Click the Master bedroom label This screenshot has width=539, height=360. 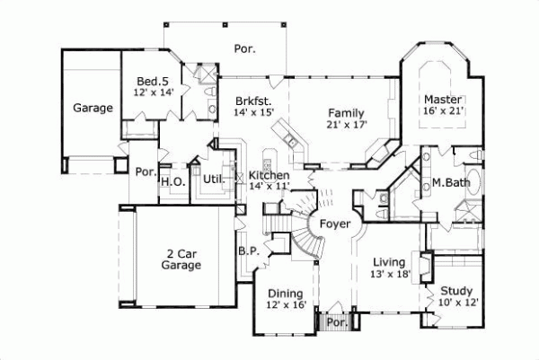click(x=443, y=99)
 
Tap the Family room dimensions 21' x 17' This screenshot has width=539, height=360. click(x=346, y=126)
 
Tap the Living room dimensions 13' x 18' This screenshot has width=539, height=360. click(x=391, y=275)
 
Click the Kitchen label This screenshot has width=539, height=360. click(x=269, y=175)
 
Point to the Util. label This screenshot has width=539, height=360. click(x=214, y=178)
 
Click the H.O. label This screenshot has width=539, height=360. click(x=172, y=181)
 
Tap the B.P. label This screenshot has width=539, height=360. click(x=248, y=252)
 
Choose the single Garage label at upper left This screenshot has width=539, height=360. click(x=93, y=109)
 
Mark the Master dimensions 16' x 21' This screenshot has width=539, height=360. click(x=443, y=111)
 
